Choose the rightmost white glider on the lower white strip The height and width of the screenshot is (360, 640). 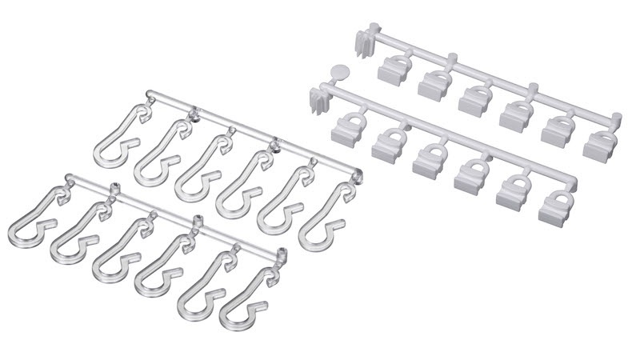[x=554, y=207]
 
